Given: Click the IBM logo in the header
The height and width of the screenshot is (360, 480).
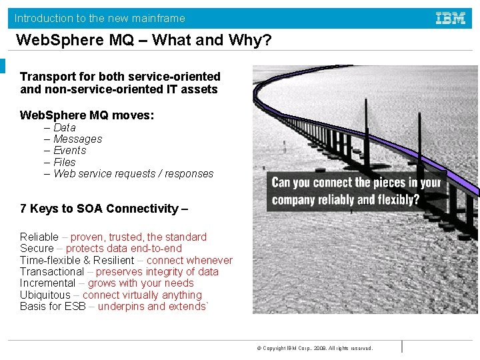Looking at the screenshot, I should (451, 19).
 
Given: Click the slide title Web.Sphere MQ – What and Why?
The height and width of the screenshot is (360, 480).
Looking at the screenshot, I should (143, 41).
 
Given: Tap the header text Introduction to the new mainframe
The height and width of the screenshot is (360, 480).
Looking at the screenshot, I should (100, 19).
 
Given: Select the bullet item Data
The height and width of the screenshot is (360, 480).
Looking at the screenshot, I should (64, 127).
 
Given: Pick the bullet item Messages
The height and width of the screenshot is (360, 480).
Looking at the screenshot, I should (77, 139).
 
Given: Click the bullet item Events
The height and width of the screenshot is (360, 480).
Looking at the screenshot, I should (69, 151).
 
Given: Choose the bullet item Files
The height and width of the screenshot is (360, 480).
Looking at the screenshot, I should (64, 162).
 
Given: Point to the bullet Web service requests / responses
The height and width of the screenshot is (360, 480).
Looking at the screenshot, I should (133, 174).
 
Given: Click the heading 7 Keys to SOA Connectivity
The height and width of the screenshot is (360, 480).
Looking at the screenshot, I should (104, 209).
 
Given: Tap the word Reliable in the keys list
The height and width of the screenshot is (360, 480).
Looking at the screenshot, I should (39, 237).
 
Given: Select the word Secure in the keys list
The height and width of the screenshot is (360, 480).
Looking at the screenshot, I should (37, 249).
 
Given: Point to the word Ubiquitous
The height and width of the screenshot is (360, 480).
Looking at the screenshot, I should (45, 295).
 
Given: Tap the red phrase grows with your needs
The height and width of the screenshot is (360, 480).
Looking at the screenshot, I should (140, 283).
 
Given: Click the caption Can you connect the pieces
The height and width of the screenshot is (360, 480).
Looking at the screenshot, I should (356, 191).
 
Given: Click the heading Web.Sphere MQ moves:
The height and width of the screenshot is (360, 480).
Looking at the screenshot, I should (87, 116).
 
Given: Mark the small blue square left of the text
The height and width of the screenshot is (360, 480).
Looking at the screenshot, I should (3, 66).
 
